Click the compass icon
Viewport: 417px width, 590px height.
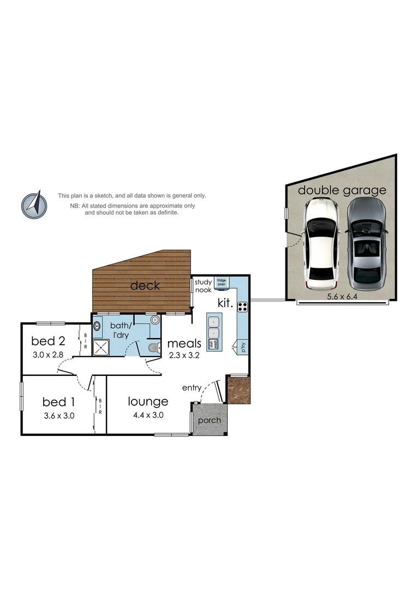[34, 204]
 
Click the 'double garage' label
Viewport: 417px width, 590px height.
[342, 190]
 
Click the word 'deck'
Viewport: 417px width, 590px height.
[145, 285]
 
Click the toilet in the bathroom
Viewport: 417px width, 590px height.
[153, 347]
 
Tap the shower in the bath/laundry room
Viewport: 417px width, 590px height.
[101, 347]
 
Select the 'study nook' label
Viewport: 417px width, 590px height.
[203, 286]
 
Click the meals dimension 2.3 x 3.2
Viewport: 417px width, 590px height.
[184, 355]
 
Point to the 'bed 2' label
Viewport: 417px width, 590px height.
[48, 341]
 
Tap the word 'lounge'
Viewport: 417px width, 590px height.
[148, 402]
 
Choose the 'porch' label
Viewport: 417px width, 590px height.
[210, 420]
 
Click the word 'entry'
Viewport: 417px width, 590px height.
[192, 387]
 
